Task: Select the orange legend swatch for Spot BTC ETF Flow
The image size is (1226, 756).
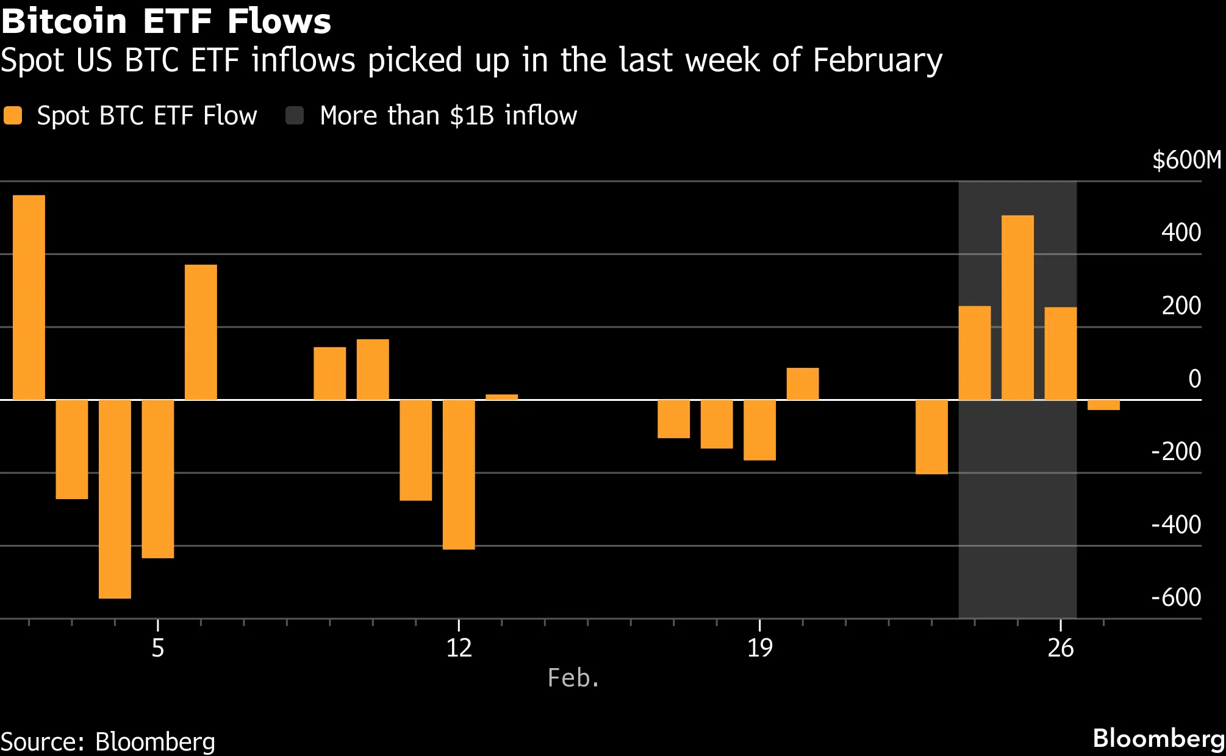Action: pos(13,115)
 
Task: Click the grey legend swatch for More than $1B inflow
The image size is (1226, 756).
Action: pos(295,115)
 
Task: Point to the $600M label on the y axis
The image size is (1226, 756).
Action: pos(1186,160)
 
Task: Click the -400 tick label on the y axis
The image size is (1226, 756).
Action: pos(1175,524)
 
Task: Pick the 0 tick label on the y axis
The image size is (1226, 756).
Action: pos(1194,379)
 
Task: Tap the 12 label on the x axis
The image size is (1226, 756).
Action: pos(459,648)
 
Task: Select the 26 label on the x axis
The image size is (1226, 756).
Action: pos(1060,648)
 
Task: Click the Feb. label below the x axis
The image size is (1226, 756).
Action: pos(573,678)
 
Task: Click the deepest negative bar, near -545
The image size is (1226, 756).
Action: pos(115,499)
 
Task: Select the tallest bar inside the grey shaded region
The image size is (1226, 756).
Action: pos(1017,307)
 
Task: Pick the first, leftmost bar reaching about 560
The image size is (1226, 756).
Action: pos(29,297)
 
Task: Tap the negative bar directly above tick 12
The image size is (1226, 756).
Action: pos(459,474)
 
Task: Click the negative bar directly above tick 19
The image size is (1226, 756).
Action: pos(759,430)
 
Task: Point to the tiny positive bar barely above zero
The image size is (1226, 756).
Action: pos(501,397)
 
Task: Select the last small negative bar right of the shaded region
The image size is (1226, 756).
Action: pos(1103,405)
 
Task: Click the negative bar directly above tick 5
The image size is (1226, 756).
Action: pos(157,478)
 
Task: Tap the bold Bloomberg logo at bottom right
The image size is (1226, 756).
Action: pos(1158,738)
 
